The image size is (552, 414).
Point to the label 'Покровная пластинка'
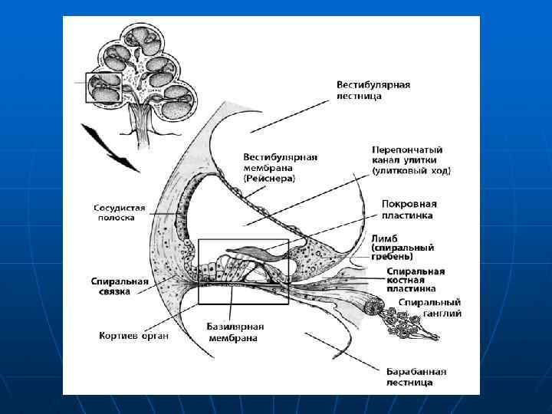pos(409,209)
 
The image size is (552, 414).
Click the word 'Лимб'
pos(384,238)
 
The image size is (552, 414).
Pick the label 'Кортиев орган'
pos(133,335)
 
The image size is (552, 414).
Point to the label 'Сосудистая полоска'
pos(114,212)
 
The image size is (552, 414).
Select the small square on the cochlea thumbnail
pos(102,87)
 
